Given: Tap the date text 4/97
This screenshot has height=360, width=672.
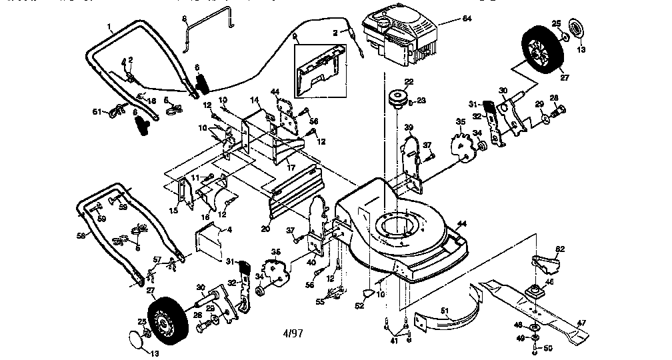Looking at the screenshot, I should click(x=291, y=333).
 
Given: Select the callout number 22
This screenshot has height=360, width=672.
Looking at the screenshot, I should click(x=409, y=82).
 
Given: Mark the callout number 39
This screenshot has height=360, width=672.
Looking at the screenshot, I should click(x=408, y=128).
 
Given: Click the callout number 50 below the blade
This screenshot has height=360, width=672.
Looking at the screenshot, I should click(x=548, y=347).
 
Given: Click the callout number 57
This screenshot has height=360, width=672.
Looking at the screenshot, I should click(x=157, y=259).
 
